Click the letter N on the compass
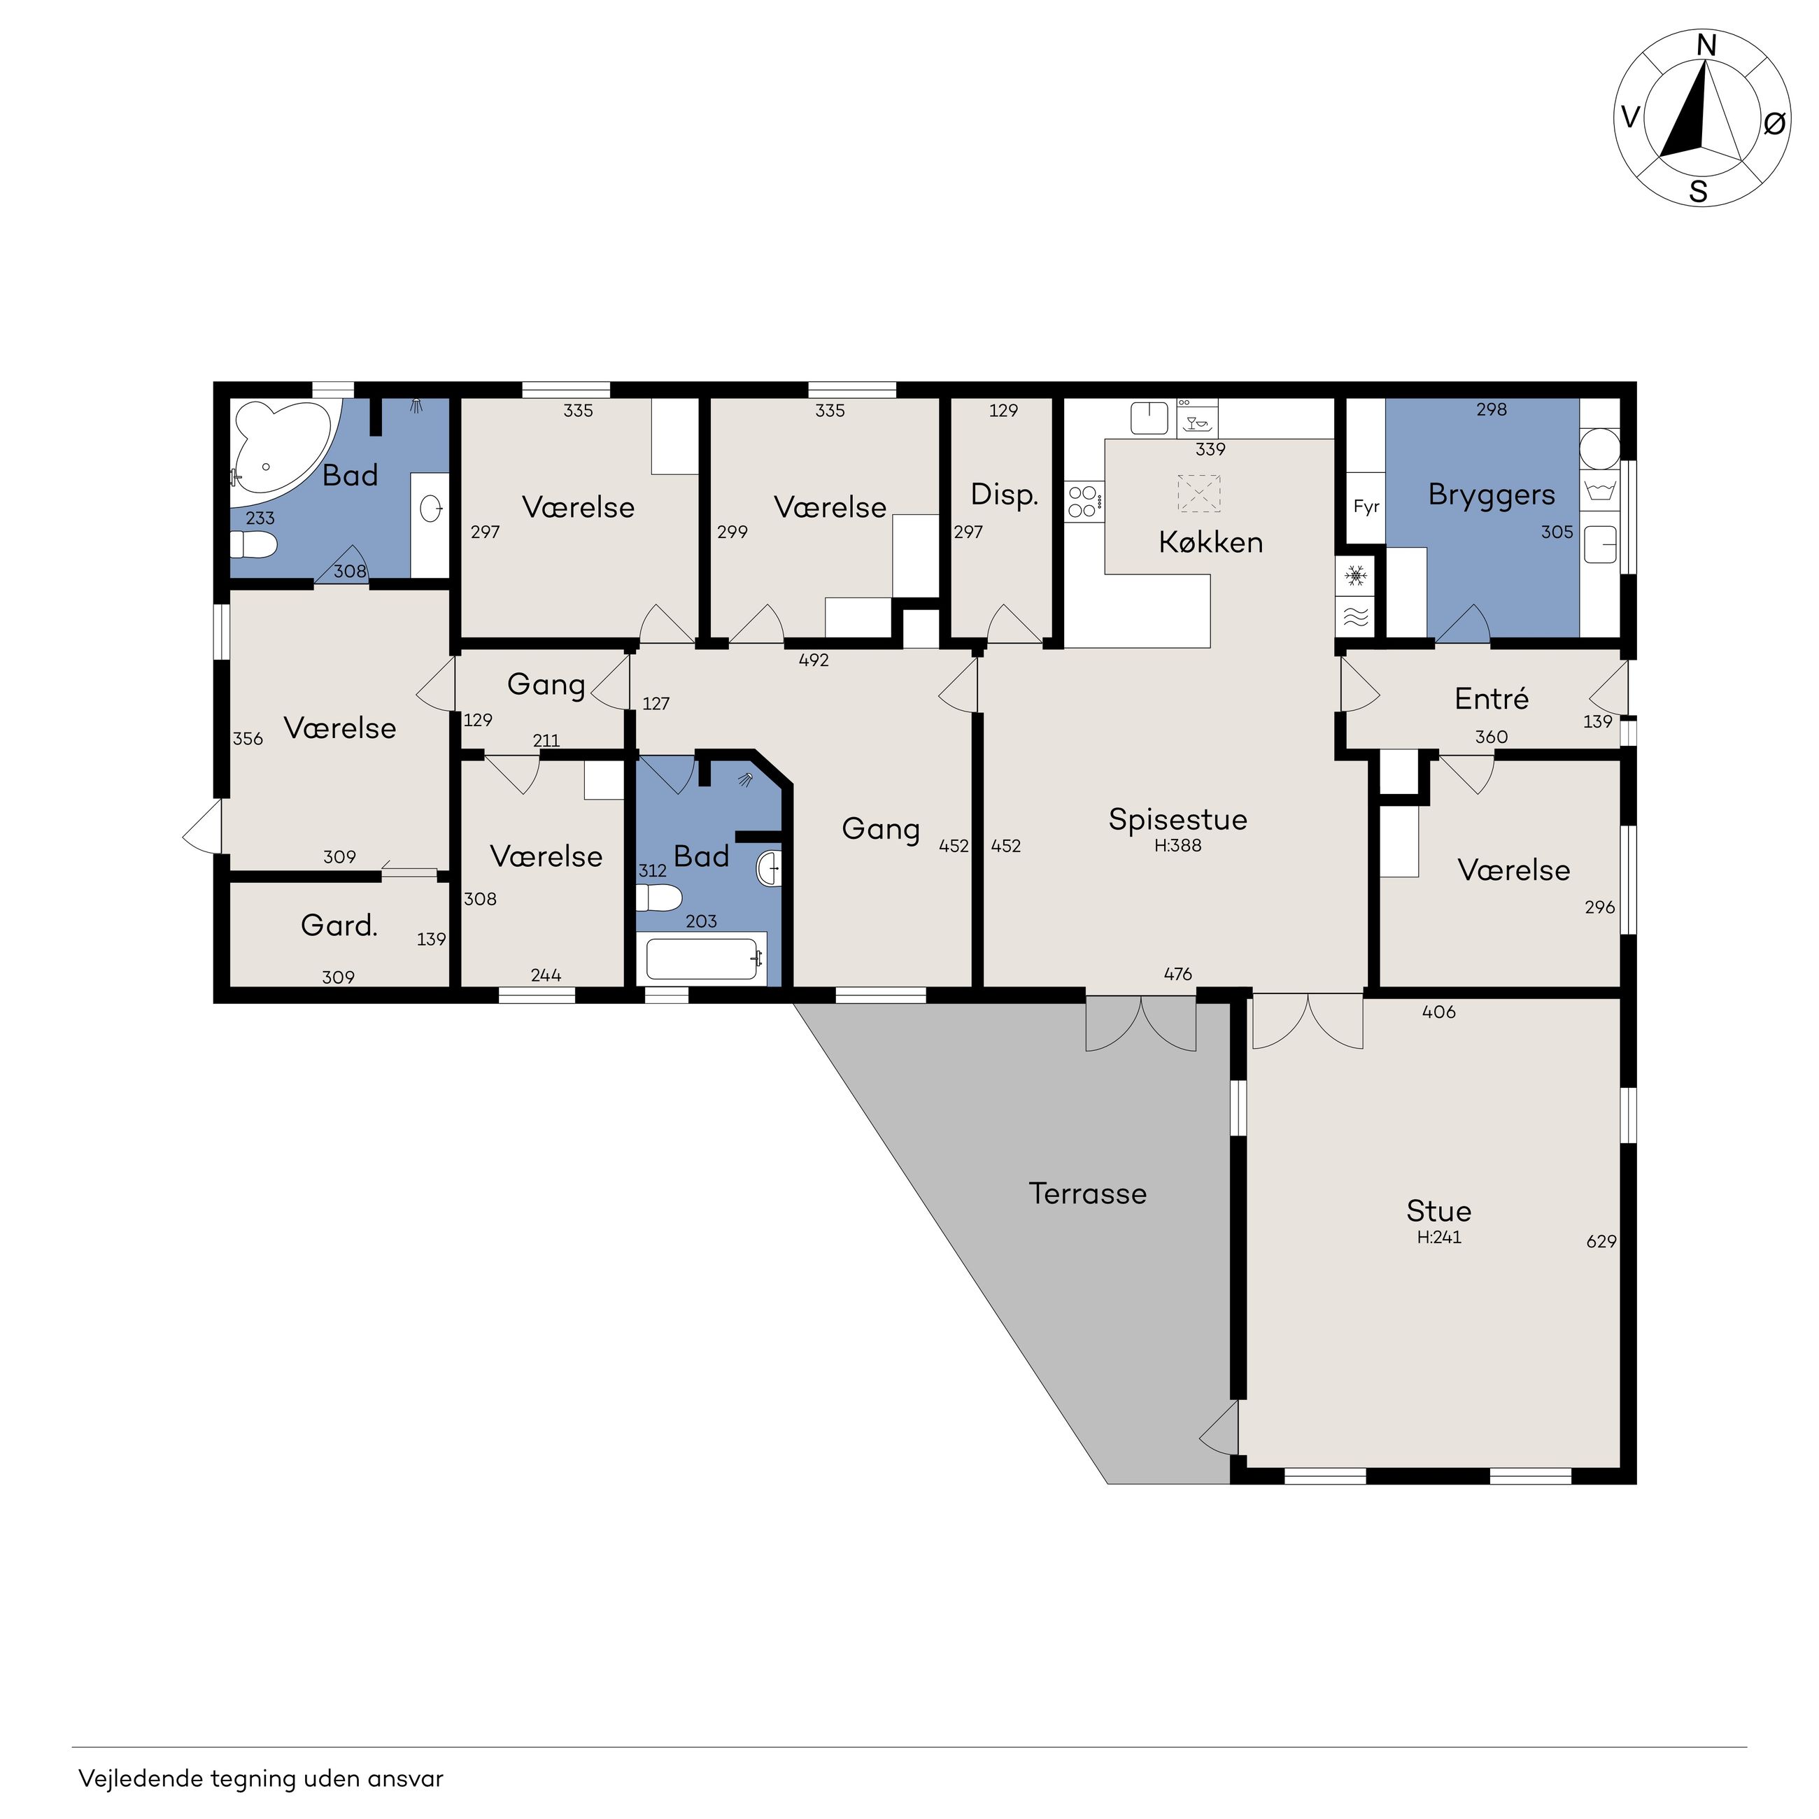pyautogui.click(x=1706, y=45)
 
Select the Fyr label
pyautogui.click(x=1366, y=507)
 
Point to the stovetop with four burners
pyautogui.click(x=1084, y=501)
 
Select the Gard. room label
pyautogui.click(x=339, y=926)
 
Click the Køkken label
pyautogui.click(x=1211, y=542)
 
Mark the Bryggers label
pyautogui.click(x=1492, y=495)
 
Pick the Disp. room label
pyautogui.click(x=1004, y=495)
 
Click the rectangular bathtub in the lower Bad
pyautogui.click(x=702, y=959)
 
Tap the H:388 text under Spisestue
pyautogui.click(x=1178, y=845)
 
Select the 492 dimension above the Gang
pyautogui.click(x=814, y=660)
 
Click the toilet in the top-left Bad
pyautogui.click(x=254, y=544)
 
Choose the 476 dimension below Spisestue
pyautogui.click(x=1178, y=974)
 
